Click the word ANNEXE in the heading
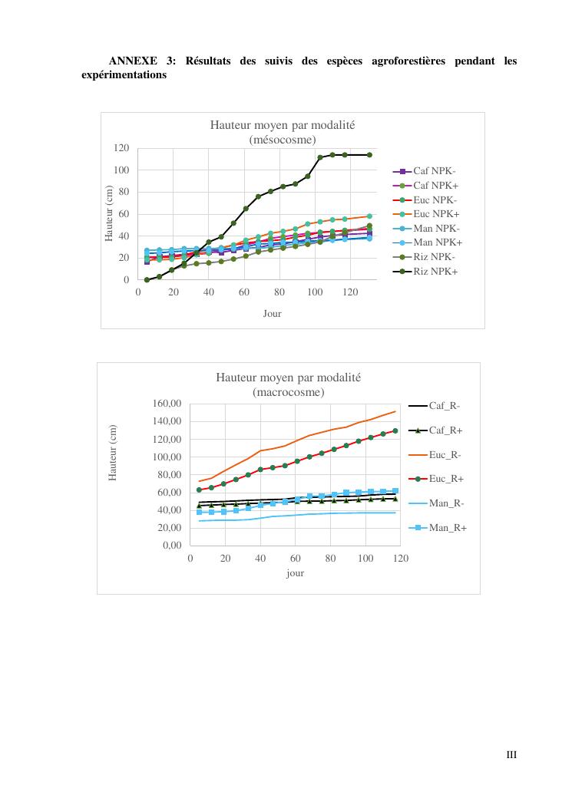click(131, 61)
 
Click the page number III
click(511, 755)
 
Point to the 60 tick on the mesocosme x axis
click(244, 292)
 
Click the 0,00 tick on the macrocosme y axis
click(170, 546)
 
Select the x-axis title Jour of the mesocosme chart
click(272, 313)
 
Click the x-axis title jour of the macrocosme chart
click(295, 572)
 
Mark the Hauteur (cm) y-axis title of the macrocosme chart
click(113, 453)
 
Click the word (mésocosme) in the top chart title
click(283, 139)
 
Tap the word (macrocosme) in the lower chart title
click(288, 392)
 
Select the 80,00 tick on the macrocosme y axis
click(167, 475)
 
